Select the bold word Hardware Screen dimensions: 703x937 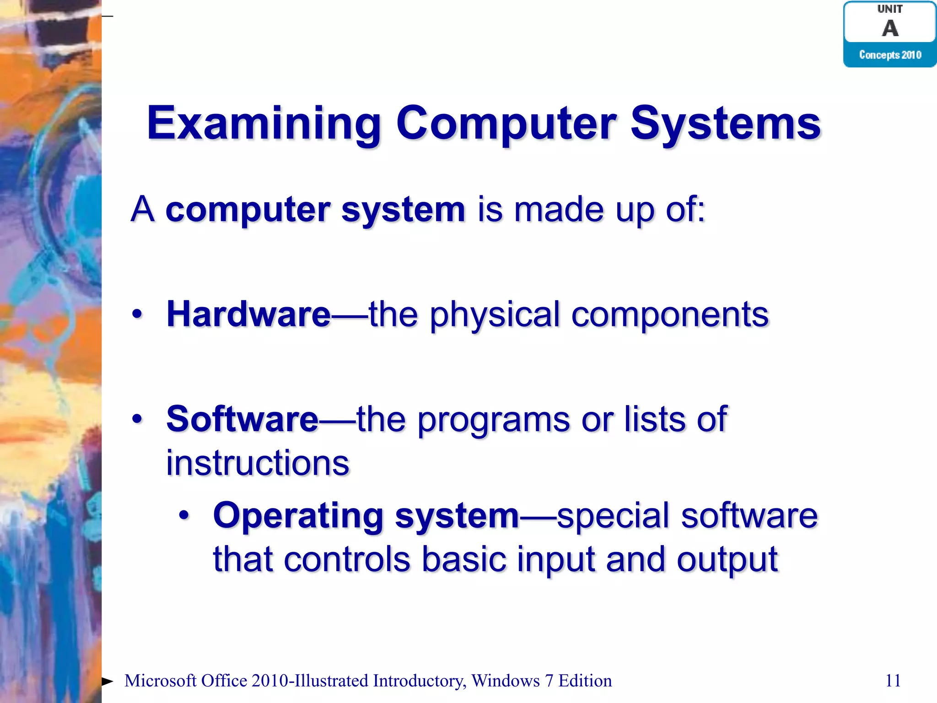tap(248, 314)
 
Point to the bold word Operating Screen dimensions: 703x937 tap(298, 516)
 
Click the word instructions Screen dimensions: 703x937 tap(258, 463)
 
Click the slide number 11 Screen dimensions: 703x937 tap(893, 681)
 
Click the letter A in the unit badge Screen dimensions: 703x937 tap(890, 28)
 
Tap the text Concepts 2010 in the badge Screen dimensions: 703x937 tap(890, 55)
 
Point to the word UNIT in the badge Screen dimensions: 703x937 tap(890, 9)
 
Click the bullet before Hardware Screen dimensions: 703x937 tap(137, 314)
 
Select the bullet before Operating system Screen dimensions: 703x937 tap(184, 516)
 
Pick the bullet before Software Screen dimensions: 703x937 tap(137, 419)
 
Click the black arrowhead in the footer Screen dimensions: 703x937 tap(107, 681)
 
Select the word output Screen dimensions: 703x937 tap(727, 560)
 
